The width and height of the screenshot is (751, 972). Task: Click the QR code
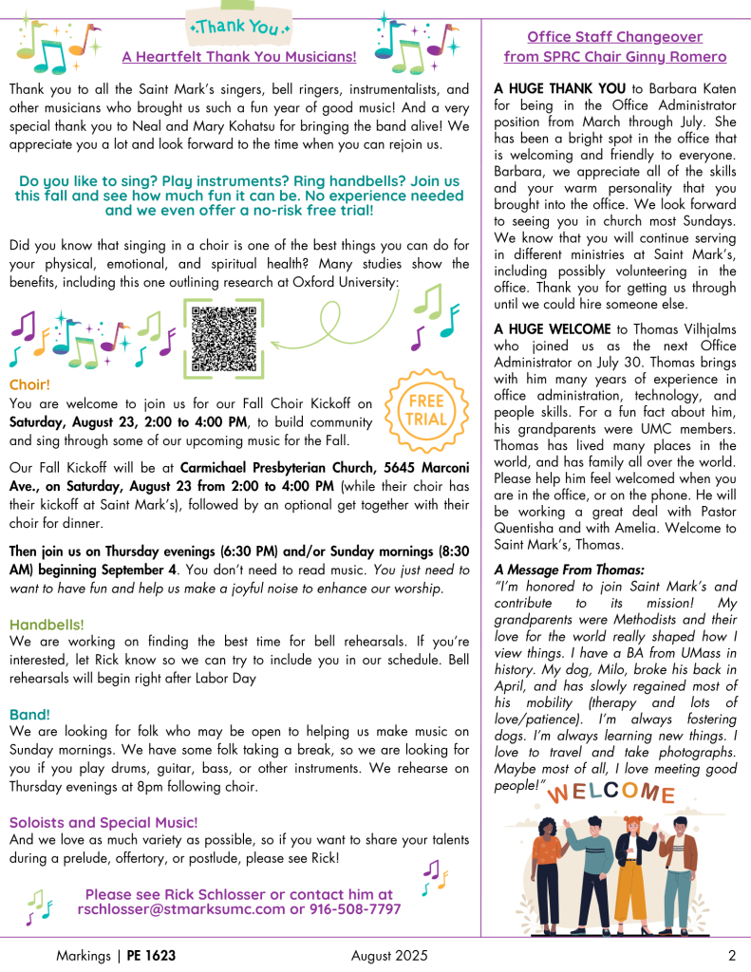[x=223, y=338]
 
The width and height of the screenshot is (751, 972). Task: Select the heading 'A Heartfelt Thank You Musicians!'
[x=239, y=57]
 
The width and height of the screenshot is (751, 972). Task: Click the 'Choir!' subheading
[x=29, y=385]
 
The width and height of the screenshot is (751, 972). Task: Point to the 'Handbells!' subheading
[x=47, y=625]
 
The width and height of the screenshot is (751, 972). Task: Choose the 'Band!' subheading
[x=29, y=714]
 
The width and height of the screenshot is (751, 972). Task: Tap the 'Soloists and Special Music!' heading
[x=103, y=822]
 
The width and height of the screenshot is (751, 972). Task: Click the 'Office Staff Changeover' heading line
[x=614, y=37]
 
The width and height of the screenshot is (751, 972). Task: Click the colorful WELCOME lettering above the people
[x=612, y=794]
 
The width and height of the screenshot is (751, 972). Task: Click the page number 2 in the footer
[x=732, y=955]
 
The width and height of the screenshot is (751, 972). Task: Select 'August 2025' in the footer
[x=388, y=955]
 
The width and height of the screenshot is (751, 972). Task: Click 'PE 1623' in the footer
[x=152, y=955]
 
